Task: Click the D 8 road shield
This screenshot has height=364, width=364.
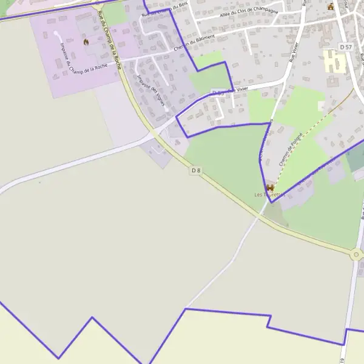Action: click(x=195, y=170)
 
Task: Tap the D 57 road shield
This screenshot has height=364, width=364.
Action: click(x=346, y=47)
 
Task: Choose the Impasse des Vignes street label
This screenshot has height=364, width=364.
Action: click(x=151, y=90)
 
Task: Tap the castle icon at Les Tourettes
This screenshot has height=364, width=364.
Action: click(x=270, y=187)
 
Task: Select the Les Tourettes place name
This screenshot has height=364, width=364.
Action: click(x=269, y=195)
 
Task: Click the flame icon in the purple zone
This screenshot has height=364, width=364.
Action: click(x=86, y=42)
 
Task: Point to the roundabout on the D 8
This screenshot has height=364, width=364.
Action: click(x=356, y=255)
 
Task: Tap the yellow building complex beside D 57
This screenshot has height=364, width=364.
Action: click(x=331, y=61)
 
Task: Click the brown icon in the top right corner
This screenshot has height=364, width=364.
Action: click(x=331, y=7)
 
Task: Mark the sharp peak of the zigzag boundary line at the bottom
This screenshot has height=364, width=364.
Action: click(x=92, y=317)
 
